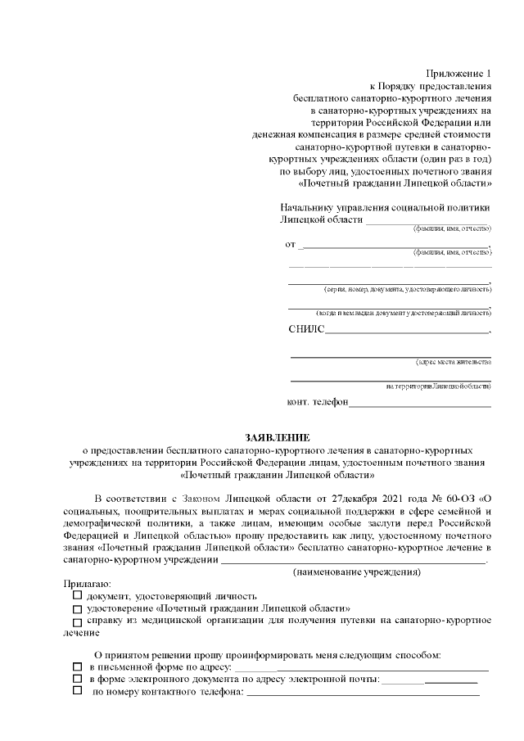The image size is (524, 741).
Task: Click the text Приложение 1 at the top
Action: pos(463,74)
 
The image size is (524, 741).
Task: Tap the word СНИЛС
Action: pos(306,330)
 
